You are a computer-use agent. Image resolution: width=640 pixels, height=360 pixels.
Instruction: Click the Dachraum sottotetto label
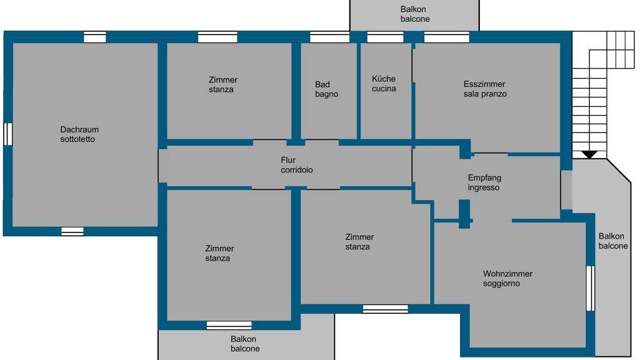click(79, 134)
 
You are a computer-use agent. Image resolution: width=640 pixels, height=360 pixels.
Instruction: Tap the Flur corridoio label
click(297, 165)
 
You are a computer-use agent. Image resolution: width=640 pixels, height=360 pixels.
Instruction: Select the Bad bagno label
click(326, 89)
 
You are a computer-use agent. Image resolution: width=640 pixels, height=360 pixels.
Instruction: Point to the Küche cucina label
click(384, 83)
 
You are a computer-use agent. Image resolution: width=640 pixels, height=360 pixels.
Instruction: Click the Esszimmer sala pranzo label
click(485, 89)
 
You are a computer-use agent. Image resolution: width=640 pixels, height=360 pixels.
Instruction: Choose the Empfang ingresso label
click(484, 182)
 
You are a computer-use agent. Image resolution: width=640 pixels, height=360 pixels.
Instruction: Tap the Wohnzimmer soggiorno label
click(507, 278)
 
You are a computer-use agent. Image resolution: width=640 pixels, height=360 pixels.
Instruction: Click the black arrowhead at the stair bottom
click(589, 155)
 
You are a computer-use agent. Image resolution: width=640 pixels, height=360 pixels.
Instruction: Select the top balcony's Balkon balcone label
click(415, 14)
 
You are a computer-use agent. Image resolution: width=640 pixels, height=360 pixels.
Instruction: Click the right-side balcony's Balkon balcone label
click(613, 241)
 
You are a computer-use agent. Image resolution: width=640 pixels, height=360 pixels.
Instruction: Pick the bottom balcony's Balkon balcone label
click(245, 344)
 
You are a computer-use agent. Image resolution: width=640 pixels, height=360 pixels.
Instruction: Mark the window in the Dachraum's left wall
click(8, 134)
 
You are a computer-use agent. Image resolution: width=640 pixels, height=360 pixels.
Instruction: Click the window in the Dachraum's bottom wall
click(72, 231)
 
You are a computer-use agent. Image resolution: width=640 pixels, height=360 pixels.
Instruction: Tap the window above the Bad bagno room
click(330, 37)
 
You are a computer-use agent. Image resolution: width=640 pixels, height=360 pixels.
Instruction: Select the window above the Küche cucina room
click(385, 37)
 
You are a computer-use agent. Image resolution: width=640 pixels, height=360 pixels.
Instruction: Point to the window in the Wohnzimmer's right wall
click(591, 288)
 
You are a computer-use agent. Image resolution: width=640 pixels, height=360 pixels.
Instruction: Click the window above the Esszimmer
click(446, 37)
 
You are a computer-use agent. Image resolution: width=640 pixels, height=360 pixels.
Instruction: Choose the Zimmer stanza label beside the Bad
click(223, 84)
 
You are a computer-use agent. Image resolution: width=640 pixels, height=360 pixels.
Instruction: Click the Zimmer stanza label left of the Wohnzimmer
click(359, 242)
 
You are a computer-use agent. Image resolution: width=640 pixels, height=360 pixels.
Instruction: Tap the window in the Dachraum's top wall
click(95, 37)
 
